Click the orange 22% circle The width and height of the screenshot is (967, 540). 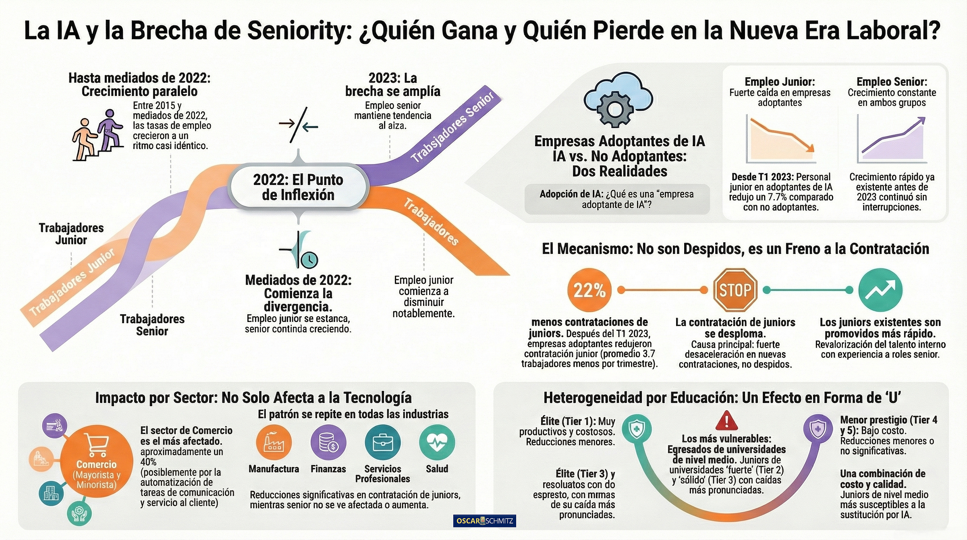[x=589, y=290]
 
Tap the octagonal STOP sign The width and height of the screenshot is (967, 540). [x=735, y=290]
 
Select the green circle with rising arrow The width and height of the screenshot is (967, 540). [x=880, y=290]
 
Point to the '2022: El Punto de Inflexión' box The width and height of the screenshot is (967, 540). [x=298, y=187]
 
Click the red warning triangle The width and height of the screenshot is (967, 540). [x=726, y=421]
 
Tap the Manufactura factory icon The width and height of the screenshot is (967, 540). [x=274, y=442]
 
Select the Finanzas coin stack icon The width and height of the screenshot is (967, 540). [x=328, y=442]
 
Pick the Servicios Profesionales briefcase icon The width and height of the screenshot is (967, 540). [x=382, y=442]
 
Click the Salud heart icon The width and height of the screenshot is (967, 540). [x=437, y=442]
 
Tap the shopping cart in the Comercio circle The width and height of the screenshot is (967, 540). [x=97, y=445]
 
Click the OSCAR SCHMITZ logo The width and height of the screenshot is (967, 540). [x=484, y=521]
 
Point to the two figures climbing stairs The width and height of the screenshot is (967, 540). [x=98, y=135]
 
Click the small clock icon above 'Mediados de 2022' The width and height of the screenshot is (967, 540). [x=309, y=260]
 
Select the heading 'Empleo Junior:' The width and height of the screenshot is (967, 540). [x=780, y=82]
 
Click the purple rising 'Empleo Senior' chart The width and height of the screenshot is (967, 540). [x=892, y=139]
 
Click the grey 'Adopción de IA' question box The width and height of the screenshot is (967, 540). [x=617, y=199]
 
